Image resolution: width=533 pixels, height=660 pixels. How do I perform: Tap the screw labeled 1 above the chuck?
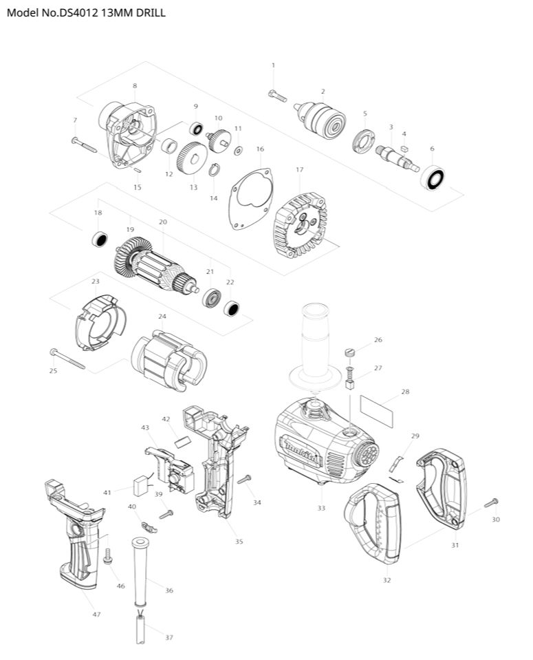click(276, 96)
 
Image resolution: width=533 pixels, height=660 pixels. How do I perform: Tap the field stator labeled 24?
click(168, 357)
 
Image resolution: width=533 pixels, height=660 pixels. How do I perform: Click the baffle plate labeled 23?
click(100, 321)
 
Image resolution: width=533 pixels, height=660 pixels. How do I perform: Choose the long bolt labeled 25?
click(67, 359)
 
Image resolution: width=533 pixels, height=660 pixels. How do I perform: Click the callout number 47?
click(96, 615)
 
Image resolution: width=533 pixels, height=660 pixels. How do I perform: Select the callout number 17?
click(299, 169)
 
